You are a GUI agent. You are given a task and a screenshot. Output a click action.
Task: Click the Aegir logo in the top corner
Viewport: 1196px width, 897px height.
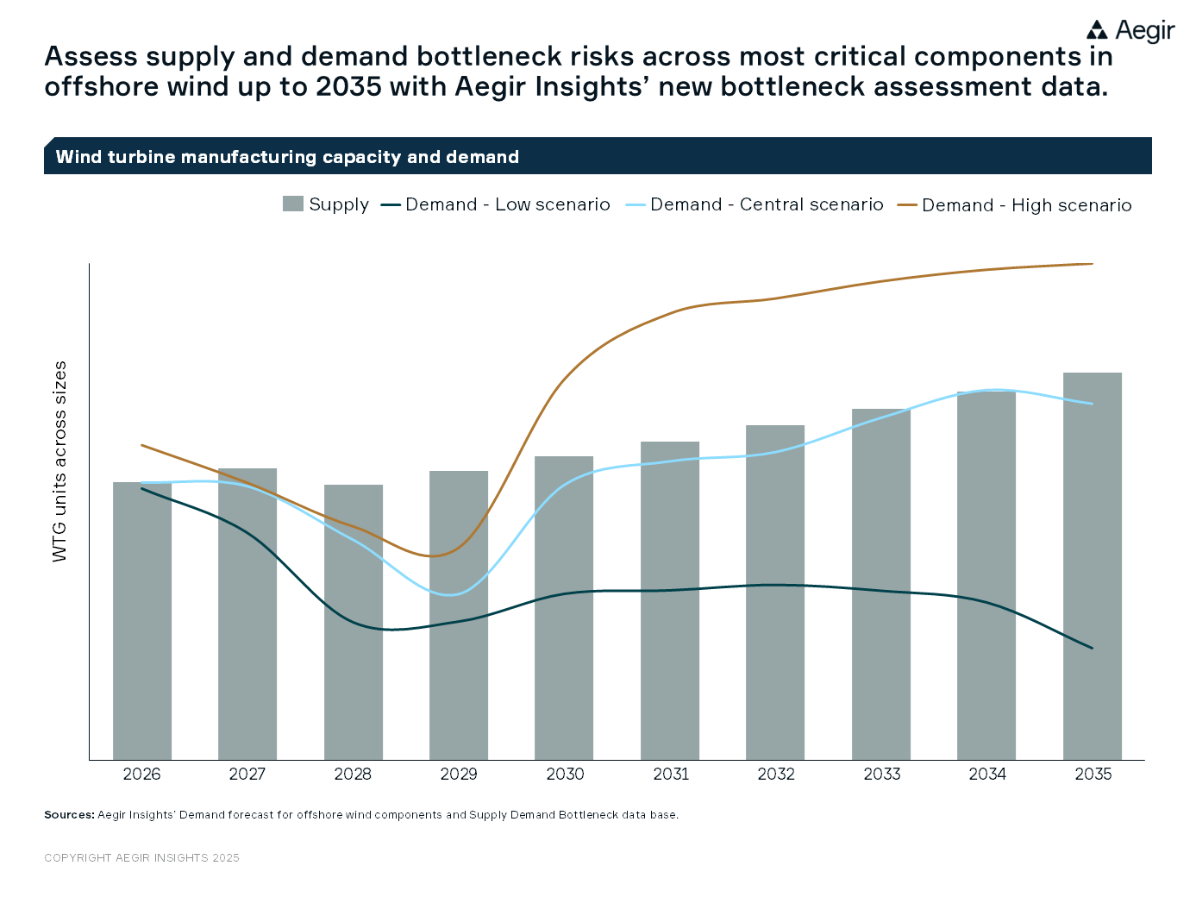1130,31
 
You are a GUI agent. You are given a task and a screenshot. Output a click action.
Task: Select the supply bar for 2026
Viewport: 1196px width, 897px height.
142,621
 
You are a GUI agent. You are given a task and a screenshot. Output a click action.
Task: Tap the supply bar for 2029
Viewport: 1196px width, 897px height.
459,616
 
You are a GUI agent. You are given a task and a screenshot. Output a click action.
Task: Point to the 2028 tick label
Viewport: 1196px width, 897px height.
353,774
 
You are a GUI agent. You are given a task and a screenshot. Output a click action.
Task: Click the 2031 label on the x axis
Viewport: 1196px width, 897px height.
671,774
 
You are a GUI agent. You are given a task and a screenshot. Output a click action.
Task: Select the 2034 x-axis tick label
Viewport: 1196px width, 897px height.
987,774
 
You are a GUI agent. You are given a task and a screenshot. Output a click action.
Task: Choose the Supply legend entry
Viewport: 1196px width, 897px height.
326,204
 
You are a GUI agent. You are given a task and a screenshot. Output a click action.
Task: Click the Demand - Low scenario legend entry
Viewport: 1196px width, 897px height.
496,204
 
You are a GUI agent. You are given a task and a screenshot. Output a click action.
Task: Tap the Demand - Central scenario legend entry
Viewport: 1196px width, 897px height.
755,204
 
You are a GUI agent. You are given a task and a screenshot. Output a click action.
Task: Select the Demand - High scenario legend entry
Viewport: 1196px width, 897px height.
1015,205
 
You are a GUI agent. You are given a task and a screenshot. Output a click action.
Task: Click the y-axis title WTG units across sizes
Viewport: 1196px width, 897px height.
59,461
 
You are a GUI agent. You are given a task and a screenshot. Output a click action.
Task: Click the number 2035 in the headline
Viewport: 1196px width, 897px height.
348,87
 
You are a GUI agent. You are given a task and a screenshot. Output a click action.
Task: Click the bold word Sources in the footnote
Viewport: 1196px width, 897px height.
69,814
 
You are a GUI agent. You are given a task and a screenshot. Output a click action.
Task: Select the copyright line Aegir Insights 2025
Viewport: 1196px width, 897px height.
141,857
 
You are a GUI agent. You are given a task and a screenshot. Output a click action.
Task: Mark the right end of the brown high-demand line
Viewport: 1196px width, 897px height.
1093,264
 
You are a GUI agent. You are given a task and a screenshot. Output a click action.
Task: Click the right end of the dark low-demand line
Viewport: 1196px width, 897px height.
1093,648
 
